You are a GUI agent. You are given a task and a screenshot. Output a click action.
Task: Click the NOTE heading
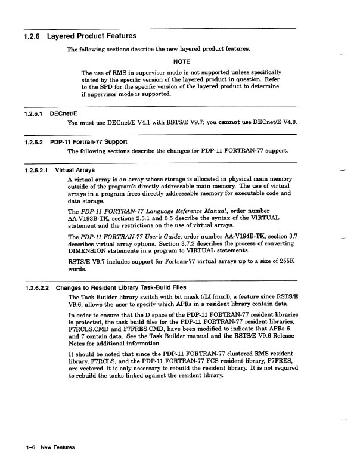(x=181, y=61)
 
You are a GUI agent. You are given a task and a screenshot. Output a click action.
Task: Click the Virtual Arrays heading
(x=75, y=170)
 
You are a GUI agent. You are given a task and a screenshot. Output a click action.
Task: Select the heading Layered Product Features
(x=92, y=36)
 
